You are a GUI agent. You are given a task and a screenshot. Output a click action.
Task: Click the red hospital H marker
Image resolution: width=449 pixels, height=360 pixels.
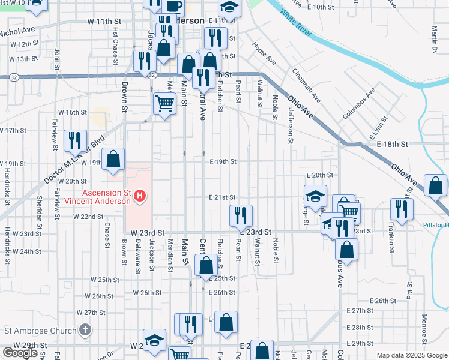tap(140, 195)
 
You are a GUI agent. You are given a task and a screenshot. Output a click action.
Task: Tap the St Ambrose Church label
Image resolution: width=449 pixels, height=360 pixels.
tap(41, 330)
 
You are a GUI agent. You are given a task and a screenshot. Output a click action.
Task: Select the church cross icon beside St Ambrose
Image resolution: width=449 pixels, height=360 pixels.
tap(85, 329)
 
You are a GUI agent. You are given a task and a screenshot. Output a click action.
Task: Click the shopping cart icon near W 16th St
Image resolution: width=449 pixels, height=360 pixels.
tap(164, 103)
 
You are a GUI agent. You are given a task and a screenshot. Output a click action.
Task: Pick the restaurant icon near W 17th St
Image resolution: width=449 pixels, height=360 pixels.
tap(75, 140)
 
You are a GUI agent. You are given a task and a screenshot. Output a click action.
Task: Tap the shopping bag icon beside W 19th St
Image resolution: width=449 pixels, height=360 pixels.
tap(113, 159)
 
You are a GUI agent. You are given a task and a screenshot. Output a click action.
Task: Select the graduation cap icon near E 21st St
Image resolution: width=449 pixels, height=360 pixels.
tap(315, 196)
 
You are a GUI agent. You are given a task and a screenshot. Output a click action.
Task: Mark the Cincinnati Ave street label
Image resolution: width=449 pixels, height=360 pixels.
tap(307, 84)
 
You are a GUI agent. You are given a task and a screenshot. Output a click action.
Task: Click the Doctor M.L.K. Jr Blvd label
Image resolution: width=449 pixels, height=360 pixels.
tap(74, 158)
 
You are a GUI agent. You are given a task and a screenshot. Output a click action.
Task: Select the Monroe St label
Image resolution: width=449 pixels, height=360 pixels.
tap(424, 325)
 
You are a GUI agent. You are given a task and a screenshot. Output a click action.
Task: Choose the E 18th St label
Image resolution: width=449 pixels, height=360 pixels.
tap(393, 145)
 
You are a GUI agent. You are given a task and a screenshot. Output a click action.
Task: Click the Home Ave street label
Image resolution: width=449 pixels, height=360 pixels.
tap(264, 54)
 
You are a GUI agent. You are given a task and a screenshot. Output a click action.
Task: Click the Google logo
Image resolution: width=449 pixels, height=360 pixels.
tap(20, 353)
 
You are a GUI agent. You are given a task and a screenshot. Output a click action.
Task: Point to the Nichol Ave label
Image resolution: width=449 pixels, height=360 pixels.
tap(18, 31)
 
